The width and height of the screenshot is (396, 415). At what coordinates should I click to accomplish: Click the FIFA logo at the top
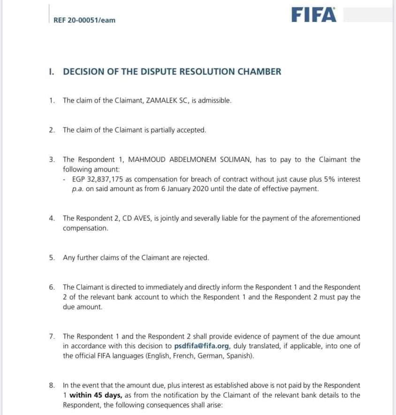pyautogui.click(x=314, y=15)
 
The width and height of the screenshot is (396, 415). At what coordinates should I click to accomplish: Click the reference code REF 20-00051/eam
pyautogui.click(x=85, y=20)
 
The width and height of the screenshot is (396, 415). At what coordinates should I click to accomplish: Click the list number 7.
pyautogui.click(x=52, y=336)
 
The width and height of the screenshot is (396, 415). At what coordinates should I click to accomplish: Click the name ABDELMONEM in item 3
pyautogui.click(x=184, y=159)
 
